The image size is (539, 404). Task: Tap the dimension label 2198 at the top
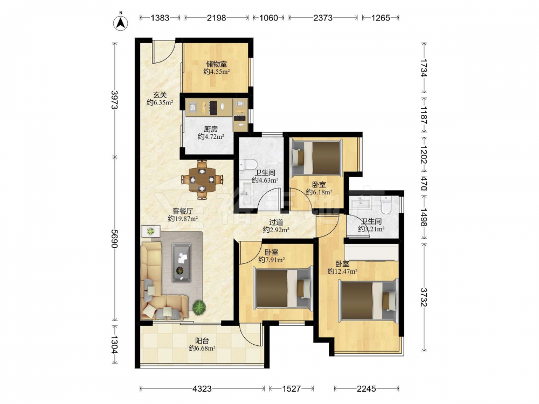coord(217,18)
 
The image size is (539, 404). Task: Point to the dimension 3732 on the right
coord(424,297)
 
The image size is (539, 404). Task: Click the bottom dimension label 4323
coord(202,388)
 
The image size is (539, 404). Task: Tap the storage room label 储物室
coord(216,64)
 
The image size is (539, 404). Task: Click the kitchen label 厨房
coord(211,129)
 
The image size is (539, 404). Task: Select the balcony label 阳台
coord(202,341)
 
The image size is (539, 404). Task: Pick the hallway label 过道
coord(275,222)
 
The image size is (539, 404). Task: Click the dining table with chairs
coord(203,179)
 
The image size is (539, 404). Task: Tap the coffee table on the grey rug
coord(182,262)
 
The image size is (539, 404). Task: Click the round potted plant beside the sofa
coord(199,307)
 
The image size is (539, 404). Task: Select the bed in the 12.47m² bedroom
coord(368,300)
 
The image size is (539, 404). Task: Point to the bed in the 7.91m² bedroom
coord(283,288)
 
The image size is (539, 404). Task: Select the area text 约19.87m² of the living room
coord(183,219)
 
